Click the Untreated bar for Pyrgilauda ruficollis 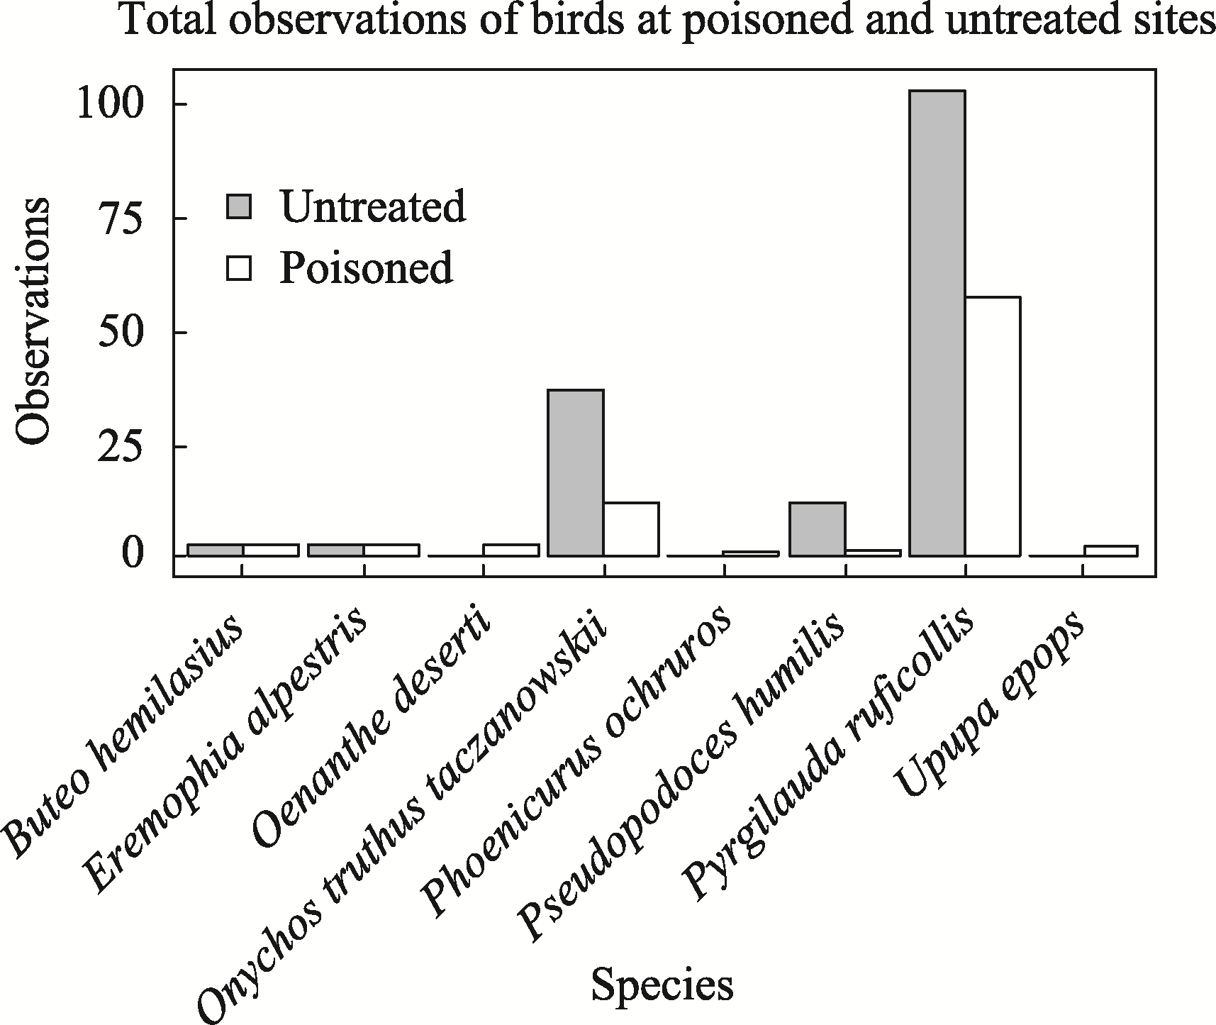(x=937, y=323)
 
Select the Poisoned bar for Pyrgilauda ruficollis (x=993, y=426)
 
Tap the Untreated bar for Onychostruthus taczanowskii (x=576, y=472)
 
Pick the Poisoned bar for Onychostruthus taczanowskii (x=631, y=528)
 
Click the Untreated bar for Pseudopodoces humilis (x=817, y=528)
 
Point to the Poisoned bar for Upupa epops (x=1111, y=550)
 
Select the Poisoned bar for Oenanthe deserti (x=511, y=550)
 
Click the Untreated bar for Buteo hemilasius (x=216, y=550)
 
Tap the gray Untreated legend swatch (x=239, y=207)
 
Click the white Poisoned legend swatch (x=239, y=268)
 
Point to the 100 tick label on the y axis (x=111, y=104)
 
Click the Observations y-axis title (x=33, y=321)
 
